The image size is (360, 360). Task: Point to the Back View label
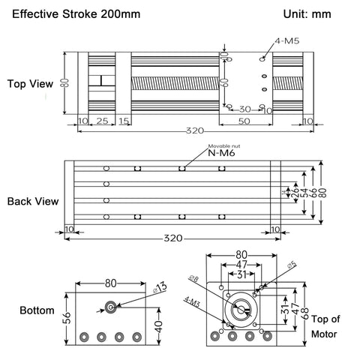tap(29, 202)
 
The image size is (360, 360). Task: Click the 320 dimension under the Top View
tap(195, 131)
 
